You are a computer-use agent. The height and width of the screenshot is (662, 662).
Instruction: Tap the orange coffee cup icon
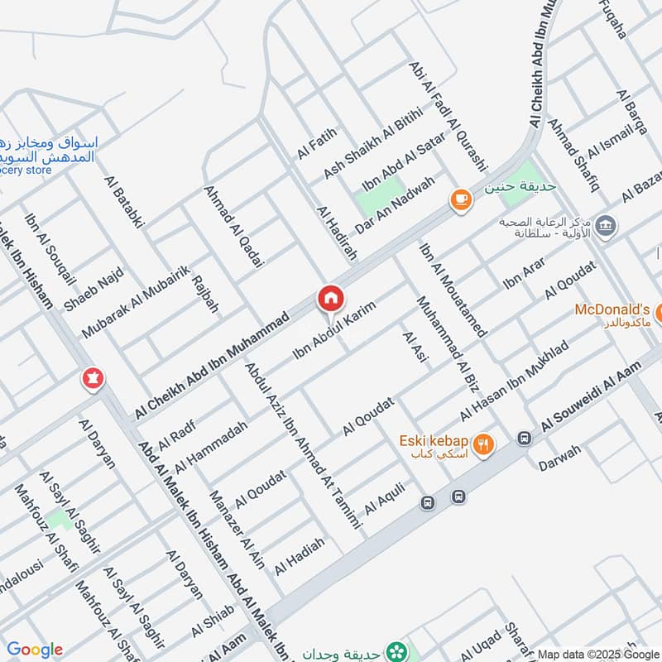point(460,199)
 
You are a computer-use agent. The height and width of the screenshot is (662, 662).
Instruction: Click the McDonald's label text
point(612,309)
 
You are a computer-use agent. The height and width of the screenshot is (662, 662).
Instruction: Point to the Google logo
point(34,650)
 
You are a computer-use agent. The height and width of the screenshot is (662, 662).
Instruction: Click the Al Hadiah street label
point(300,556)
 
